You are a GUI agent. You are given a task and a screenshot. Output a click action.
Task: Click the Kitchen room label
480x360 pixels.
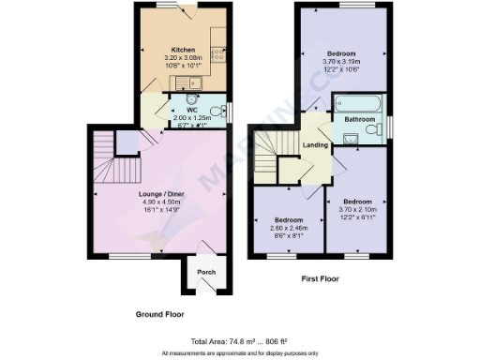click(182, 50)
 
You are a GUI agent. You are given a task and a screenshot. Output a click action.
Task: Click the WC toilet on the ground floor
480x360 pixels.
click(217, 112)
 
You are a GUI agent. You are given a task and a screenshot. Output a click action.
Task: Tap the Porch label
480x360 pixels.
click(205, 272)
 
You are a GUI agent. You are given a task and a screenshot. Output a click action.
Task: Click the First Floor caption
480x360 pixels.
click(322, 278)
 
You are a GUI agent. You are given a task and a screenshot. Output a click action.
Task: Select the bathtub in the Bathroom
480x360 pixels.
click(360, 103)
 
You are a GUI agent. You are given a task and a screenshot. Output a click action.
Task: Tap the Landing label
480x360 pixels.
click(315, 143)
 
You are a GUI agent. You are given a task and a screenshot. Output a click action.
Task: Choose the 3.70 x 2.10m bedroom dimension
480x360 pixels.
click(357, 209)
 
